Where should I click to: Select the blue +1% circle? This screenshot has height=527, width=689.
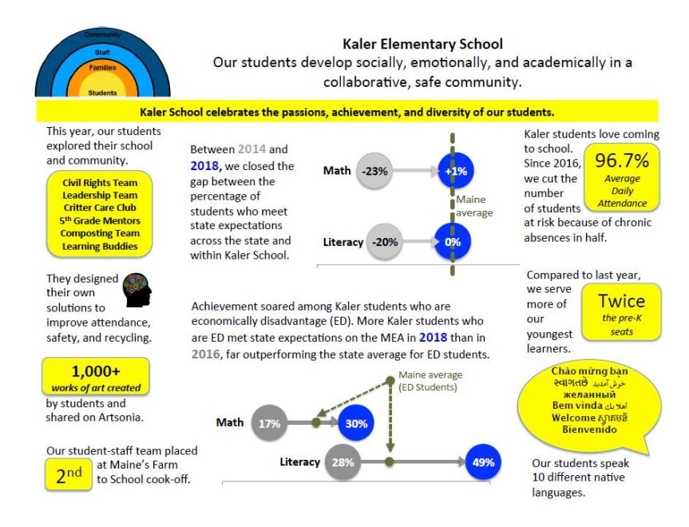click(x=455, y=170)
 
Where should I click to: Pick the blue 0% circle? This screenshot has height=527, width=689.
click(x=453, y=242)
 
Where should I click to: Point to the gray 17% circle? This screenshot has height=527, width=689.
click(x=269, y=423)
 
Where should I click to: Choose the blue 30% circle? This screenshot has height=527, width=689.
click(x=355, y=423)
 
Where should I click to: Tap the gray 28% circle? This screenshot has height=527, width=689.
click(x=342, y=462)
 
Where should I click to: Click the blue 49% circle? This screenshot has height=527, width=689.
click(x=484, y=462)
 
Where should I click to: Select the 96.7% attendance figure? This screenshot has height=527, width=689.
click(x=622, y=161)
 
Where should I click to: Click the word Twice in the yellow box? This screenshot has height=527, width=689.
click(x=621, y=301)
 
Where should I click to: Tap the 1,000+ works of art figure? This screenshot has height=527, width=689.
click(x=95, y=371)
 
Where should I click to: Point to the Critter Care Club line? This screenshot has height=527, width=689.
click(x=100, y=208)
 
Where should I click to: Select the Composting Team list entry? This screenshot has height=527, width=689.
click(x=100, y=233)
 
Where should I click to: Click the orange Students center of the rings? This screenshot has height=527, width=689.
click(x=102, y=91)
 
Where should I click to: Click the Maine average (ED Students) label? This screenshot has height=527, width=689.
click(x=431, y=382)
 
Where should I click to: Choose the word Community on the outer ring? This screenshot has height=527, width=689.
click(x=102, y=35)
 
